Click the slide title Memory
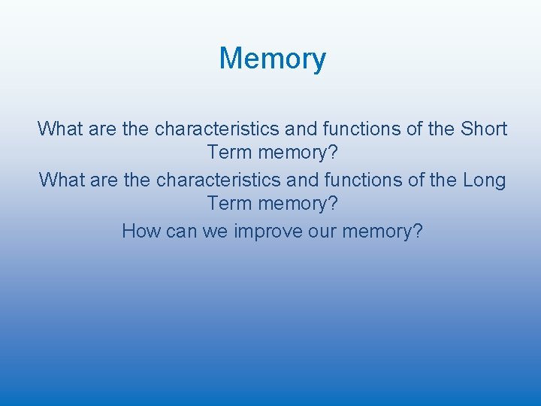coord(272,59)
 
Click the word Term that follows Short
coord(230,153)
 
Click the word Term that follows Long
coord(230,204)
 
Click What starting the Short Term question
coord(61,129)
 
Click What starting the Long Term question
coord(62,180)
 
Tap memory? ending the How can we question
coord(382,232)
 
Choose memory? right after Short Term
coord(298,153)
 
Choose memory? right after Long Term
coord(298,205)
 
